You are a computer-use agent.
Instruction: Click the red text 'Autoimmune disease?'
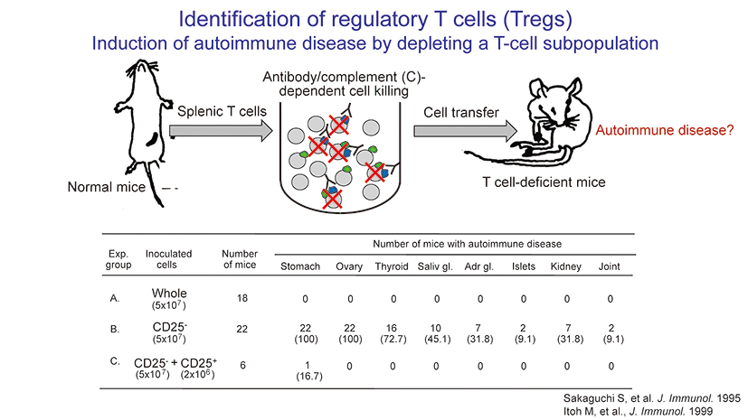pos(665,130)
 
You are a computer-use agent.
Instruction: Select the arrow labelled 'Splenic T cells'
pos(219,131)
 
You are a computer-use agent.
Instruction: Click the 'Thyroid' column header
pos(392,266)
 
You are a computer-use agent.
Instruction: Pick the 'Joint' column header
pos(610,266)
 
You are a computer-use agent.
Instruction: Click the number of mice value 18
pos(241,297)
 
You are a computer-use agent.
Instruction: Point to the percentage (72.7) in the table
pos(392,340)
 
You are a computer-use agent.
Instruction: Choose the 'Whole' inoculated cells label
pos(169,294)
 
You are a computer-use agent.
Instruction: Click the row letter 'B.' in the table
pos(115,330)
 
